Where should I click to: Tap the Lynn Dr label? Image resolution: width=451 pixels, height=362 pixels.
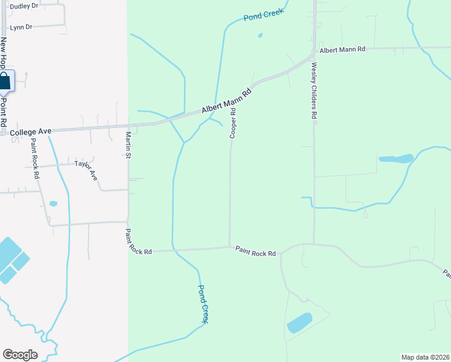click(20, 27)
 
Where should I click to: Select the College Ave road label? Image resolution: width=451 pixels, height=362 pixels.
click(31, 130)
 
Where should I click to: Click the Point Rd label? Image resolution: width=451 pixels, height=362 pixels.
click(4, 112)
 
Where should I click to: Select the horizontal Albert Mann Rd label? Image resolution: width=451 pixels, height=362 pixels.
click(342, 49)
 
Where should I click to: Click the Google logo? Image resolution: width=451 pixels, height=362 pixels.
click(20, 354)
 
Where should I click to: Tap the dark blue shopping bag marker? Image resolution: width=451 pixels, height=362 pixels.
click(5, 82)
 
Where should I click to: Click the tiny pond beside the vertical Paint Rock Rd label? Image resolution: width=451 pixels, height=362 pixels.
click(53, 204)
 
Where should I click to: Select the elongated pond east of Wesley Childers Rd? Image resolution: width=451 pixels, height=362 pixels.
click(396, 159)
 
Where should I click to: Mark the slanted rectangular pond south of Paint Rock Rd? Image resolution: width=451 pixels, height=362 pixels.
click(300, 323)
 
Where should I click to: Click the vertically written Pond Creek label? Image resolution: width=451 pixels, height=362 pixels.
click(203, 304)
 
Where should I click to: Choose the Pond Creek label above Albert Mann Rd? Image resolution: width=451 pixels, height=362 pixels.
click(263, 15)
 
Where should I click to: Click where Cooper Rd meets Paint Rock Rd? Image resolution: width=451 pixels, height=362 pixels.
click(230, 246)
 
